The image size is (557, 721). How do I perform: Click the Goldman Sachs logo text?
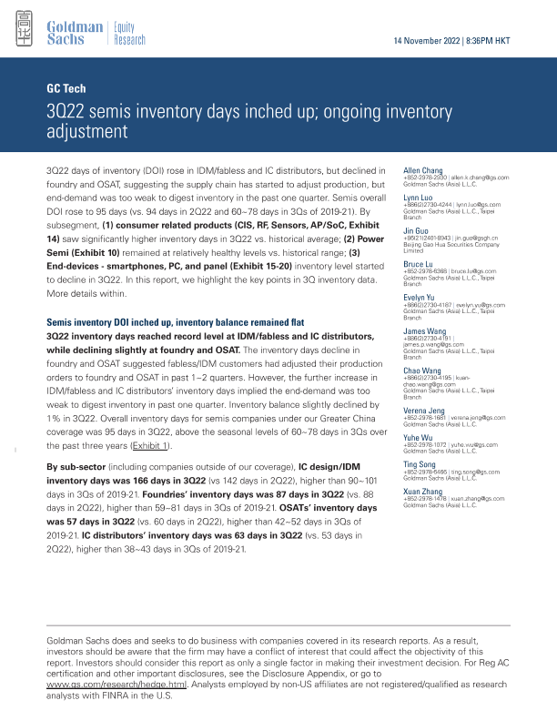[x=74, y=33]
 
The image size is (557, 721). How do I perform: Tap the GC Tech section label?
[x=65, y=88]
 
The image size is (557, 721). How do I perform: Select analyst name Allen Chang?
[x=423, y=169]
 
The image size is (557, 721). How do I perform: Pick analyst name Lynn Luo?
[x=420, y=197]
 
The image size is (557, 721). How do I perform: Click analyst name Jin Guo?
[x=417, y=230]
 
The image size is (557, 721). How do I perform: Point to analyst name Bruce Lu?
[x=420, y=264]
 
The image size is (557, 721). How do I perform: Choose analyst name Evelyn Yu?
[x=420, y=298]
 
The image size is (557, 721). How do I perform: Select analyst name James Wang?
[x=423, y=331]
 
